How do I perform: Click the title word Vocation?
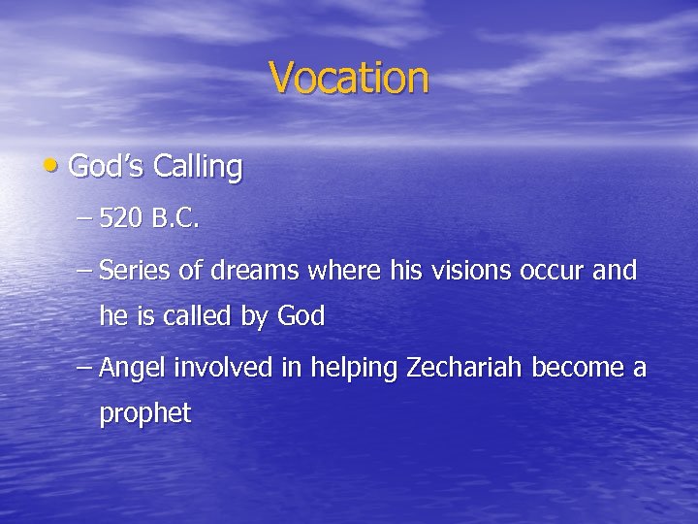coord(348,77)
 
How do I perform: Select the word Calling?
coord(202,168)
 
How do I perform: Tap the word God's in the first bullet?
coord(107,167)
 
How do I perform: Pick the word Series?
coord(135,271)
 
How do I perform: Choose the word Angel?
coord(132,369)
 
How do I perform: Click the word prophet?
coord(145,415)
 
